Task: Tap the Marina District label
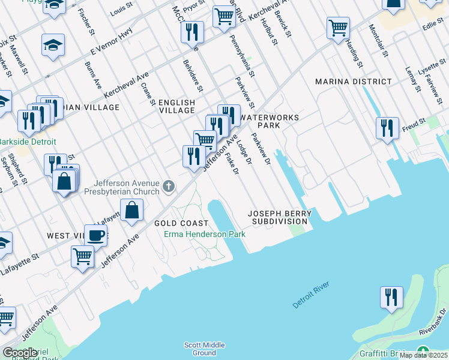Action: [x=353, y=82]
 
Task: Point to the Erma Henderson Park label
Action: [x=205, y=234]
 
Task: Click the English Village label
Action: [x=176, y=106]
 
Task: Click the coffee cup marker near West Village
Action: [x=95, y=235]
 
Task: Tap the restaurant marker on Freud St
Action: [x=388, y=128]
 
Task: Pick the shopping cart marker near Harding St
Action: [x=339, y=28]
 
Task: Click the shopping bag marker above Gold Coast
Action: [x=131, y=211]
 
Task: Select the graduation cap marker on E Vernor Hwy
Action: [x=53, y=45]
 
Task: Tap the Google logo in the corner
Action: [x=20, y=353]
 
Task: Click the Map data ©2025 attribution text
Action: [x=423, y=355]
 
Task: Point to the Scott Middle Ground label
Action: [x=204, y=349]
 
